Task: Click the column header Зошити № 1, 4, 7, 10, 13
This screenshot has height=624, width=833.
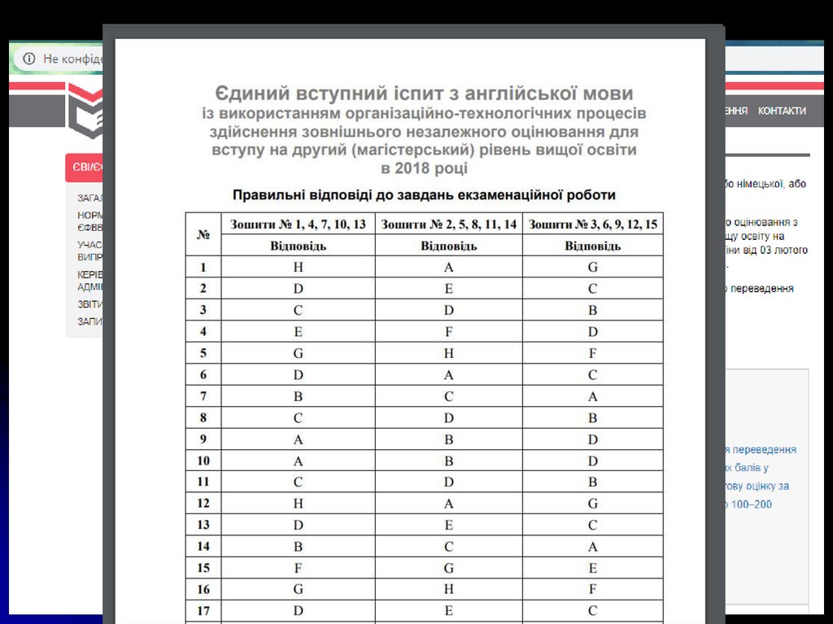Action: click(298, 224)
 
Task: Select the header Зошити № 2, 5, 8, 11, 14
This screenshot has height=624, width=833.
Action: click(449, 224)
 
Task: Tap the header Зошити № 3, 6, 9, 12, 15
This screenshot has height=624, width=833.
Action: click(593, 224)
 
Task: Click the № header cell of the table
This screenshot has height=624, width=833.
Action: click(203, 234)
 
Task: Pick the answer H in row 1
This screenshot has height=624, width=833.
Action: click(299, 267)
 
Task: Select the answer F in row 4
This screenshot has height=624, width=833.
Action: click(449, 332)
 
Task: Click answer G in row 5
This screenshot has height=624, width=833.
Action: click(299, 354)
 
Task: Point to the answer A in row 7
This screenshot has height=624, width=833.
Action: click(593, 397)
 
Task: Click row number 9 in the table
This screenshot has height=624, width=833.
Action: click(203, 440)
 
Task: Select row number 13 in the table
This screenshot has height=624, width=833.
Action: click(203, 526)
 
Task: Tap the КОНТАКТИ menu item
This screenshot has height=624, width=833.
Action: click(782, 111)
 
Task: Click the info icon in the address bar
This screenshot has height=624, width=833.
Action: click(29, 59)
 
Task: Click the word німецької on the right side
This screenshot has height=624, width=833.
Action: click(761, 185)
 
